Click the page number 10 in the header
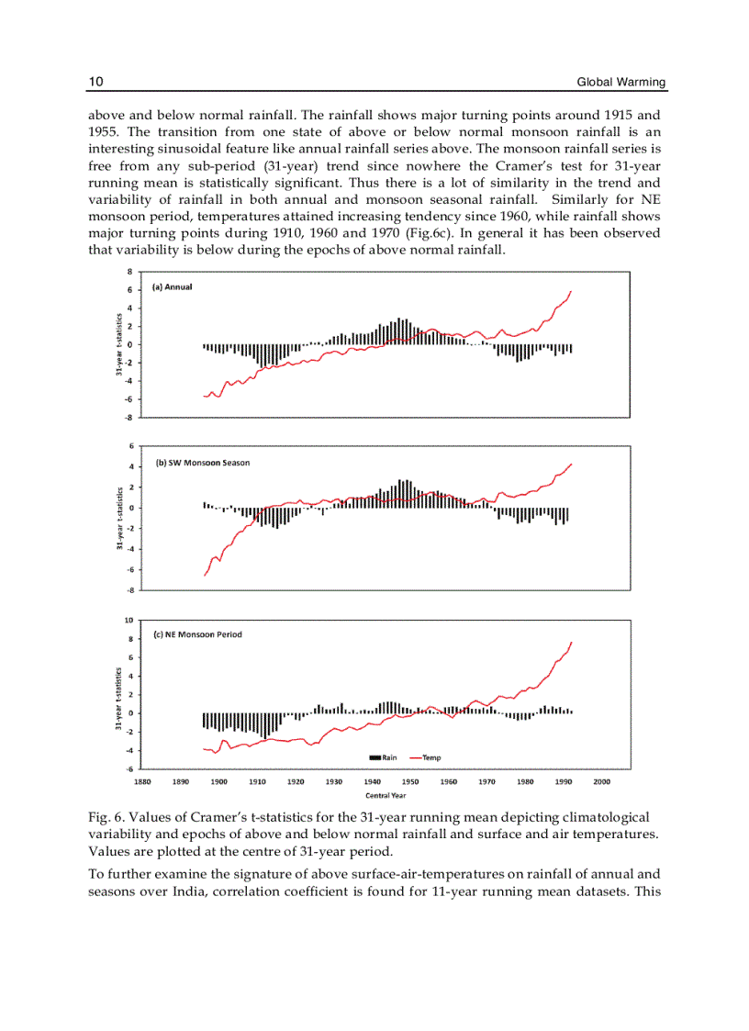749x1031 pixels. [x=95, y=83]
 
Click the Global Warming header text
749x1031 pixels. [x=620, y=83]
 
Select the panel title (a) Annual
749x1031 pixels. [x=173, y=286]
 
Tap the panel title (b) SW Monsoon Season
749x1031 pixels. [x=203, y=463]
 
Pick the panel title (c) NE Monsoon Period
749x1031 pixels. [x=197, y=634]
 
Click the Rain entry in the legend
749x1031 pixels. [x=383, y=757]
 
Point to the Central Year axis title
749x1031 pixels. [x=386, y=795]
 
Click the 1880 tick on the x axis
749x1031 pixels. [x=143, y=781]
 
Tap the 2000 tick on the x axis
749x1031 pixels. [x=601, y=781]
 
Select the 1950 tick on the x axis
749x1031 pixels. [x=410, y=781]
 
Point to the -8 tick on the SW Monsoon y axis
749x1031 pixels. [x=130, y=590]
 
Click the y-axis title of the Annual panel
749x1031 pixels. [x=119, y=344]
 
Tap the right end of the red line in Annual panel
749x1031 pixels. [x=571, y=292]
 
